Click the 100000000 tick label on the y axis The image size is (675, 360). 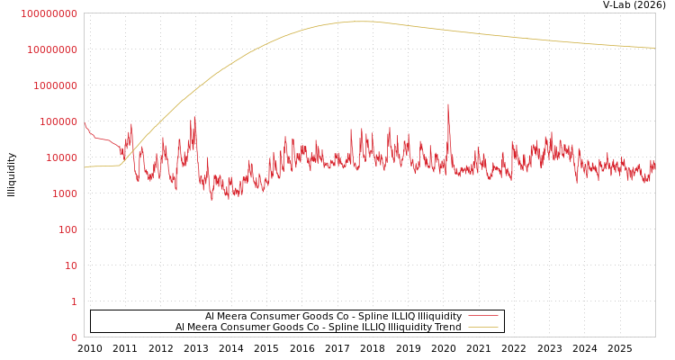tap(49, 13)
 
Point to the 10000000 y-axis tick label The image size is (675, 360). tap(52, 49)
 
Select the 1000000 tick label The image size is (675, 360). tap(55, 85)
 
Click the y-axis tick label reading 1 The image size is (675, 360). tap(74, 301)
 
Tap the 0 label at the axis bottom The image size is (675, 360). tap(74, 337)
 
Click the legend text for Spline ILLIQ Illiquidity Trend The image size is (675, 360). tap(318, 328)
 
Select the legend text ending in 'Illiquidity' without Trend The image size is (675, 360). tap(333, 317)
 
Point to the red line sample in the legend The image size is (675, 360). tap(483, 317)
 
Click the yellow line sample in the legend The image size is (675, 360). tap(483, 328)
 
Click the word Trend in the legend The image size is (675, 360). tap(447, 328)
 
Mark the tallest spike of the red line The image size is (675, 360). tap(448, 104)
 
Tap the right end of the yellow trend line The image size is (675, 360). tap(654, 48)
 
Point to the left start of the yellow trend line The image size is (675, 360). tap(85, 167)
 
